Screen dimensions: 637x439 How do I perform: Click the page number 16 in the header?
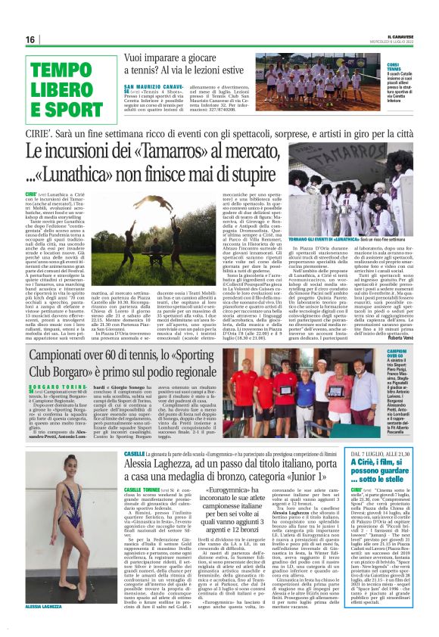click(x=30, y=39)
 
